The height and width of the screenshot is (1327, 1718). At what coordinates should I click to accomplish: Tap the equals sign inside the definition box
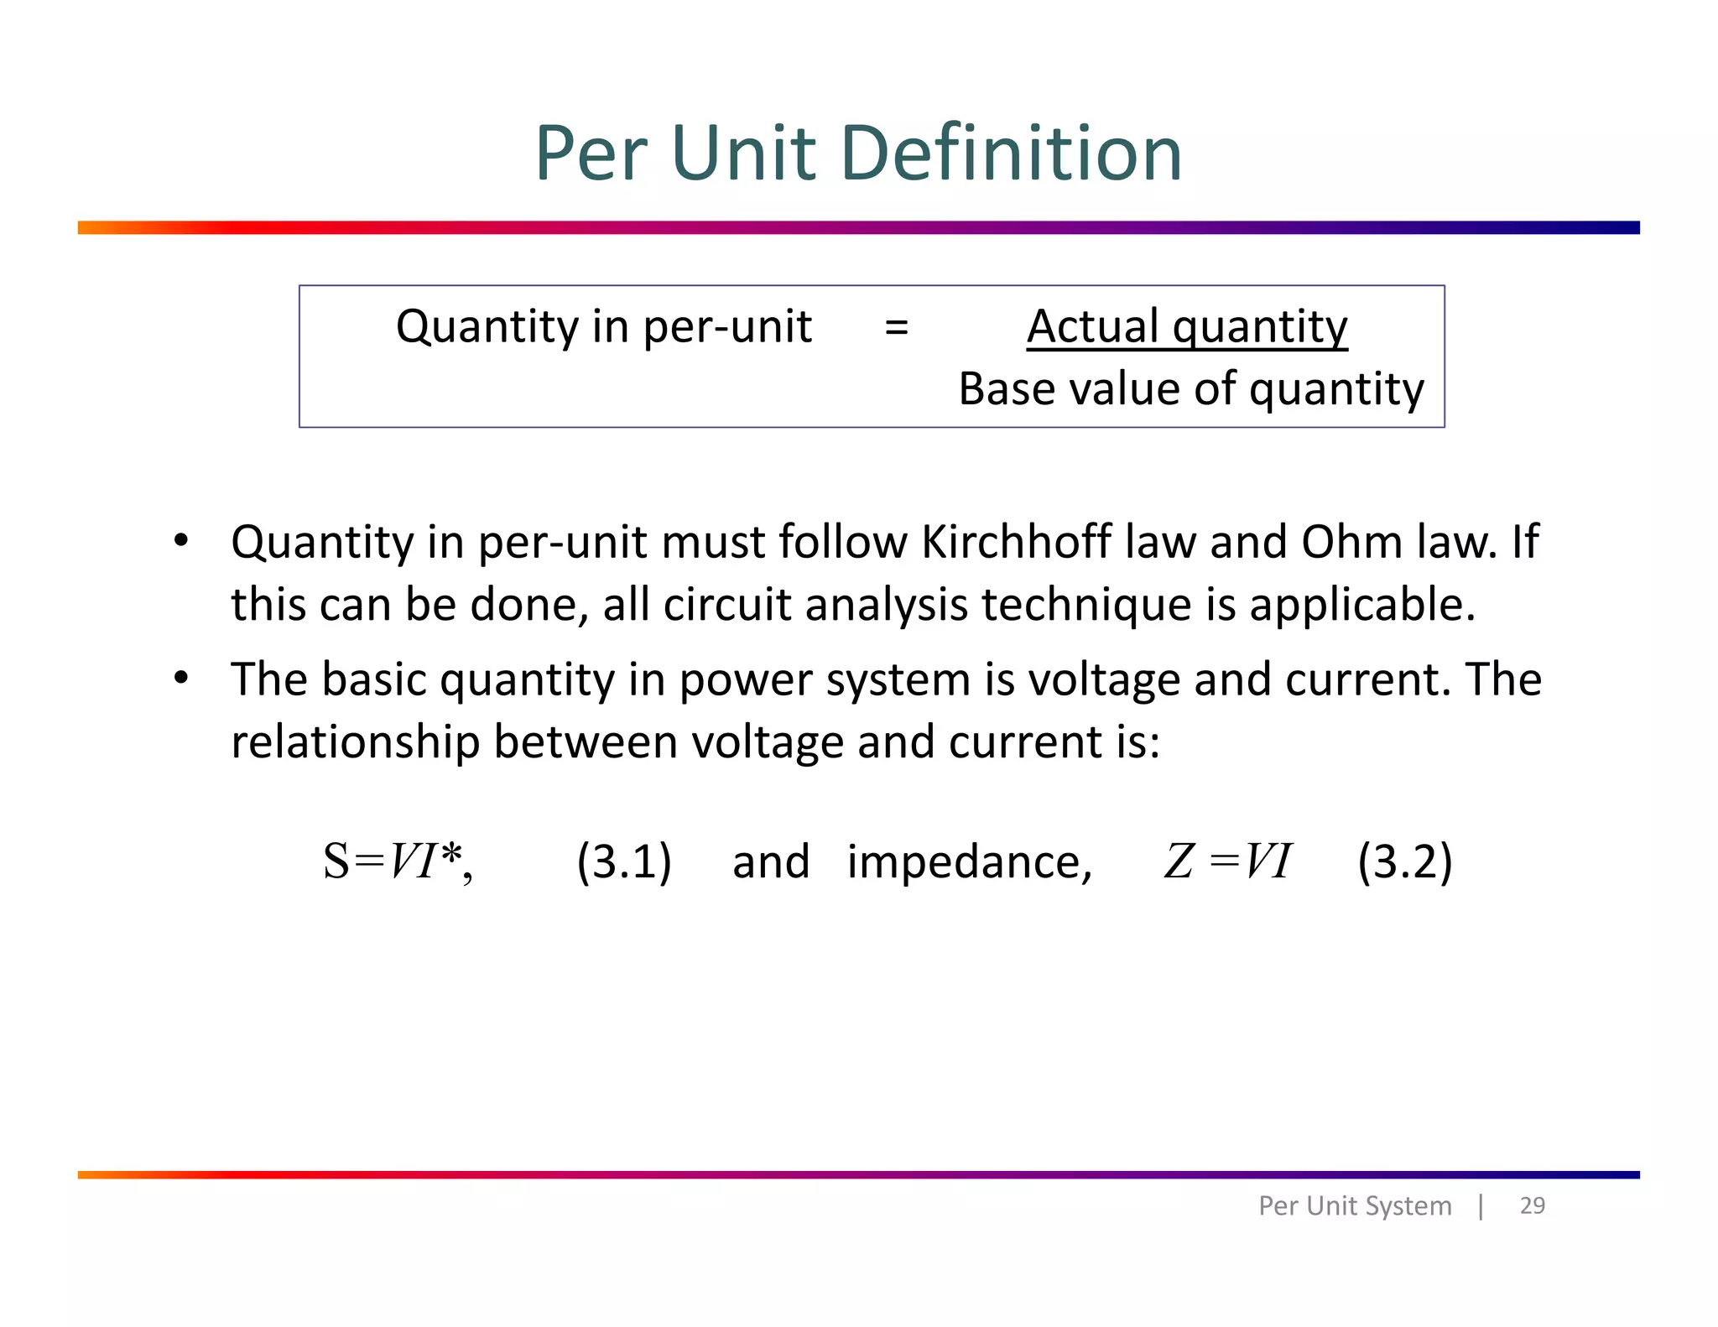[x=896, y=327]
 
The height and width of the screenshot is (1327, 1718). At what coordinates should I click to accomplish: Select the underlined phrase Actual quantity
[x=1187, y=327]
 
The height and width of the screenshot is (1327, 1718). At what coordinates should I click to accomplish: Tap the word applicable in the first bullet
[x=1361, y=605]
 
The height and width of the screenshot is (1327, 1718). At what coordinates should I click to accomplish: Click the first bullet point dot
[x=181, y=540]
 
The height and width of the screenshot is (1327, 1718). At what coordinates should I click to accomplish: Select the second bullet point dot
[x=181, y=678]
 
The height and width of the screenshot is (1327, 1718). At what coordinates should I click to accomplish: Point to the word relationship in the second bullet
[x=355, y=742]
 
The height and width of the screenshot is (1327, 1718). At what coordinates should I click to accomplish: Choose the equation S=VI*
[x=398, y=861]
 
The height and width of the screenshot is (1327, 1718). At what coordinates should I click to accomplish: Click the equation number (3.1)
[x=624, y=861]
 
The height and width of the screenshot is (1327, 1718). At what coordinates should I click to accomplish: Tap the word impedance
[x=969, y=862]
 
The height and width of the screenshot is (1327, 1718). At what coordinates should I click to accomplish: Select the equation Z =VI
[x=1227, y=861]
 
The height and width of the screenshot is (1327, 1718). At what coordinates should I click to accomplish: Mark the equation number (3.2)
[x=1404, y=861]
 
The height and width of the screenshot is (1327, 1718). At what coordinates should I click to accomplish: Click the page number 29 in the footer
[x=1532, y=1205]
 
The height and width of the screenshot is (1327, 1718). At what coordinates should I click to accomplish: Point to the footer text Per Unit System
[x=1354, y=1206]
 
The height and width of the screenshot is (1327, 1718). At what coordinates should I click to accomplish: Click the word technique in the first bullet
[x=1086, y=605]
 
